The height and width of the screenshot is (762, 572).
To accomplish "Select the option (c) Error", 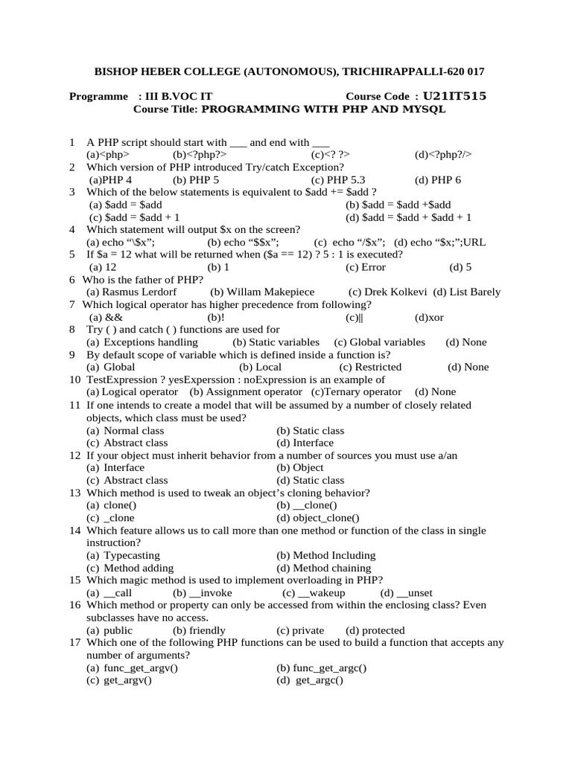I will (x=366, y=266).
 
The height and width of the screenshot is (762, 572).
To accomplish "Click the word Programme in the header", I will (x=98, y=97).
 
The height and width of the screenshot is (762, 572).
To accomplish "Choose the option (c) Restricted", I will (x=370, y=367).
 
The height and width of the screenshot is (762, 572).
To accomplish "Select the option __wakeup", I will (x=314, y=592).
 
